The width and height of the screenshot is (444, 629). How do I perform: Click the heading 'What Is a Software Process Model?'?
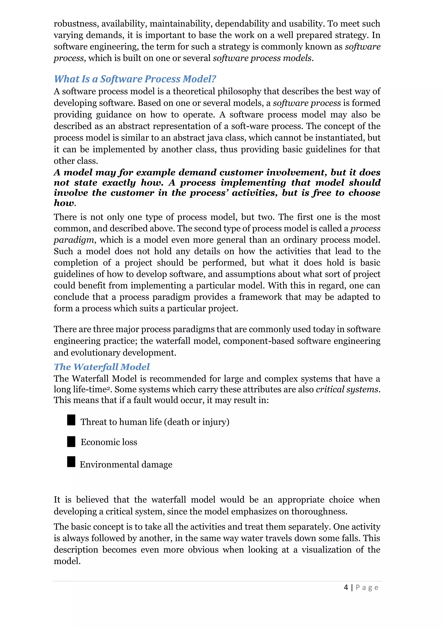click(x=135, y=79)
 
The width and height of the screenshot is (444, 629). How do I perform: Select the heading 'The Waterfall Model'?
click(x=102, y=367)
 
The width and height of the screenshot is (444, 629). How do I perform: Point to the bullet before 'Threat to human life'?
click(x=71, y=420)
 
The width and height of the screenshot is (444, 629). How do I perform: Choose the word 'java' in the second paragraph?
click(x=214, y=138)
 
